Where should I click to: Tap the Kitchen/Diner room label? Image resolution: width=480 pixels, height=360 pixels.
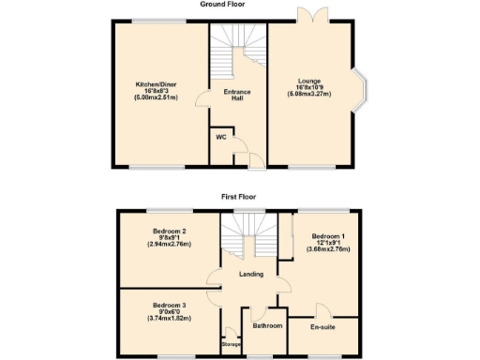click(x=156, y=84)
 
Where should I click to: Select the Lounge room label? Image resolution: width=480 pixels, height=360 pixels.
click(x=309, y=82)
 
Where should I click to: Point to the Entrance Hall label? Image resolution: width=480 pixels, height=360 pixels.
click(x=237, y=97)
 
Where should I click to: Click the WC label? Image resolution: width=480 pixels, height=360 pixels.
click(x=221, y=137)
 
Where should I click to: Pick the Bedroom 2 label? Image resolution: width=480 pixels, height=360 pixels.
click(x=170, y=231)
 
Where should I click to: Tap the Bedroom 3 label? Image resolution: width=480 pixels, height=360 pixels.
click(x=170, y=305)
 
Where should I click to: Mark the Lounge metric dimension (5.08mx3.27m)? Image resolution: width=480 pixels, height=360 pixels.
click(x=309, y=95)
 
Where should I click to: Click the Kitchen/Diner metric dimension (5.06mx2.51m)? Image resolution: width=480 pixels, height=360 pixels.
click(x=156, y=98)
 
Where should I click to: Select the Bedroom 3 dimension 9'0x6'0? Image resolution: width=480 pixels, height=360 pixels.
click(x=170, y=312)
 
